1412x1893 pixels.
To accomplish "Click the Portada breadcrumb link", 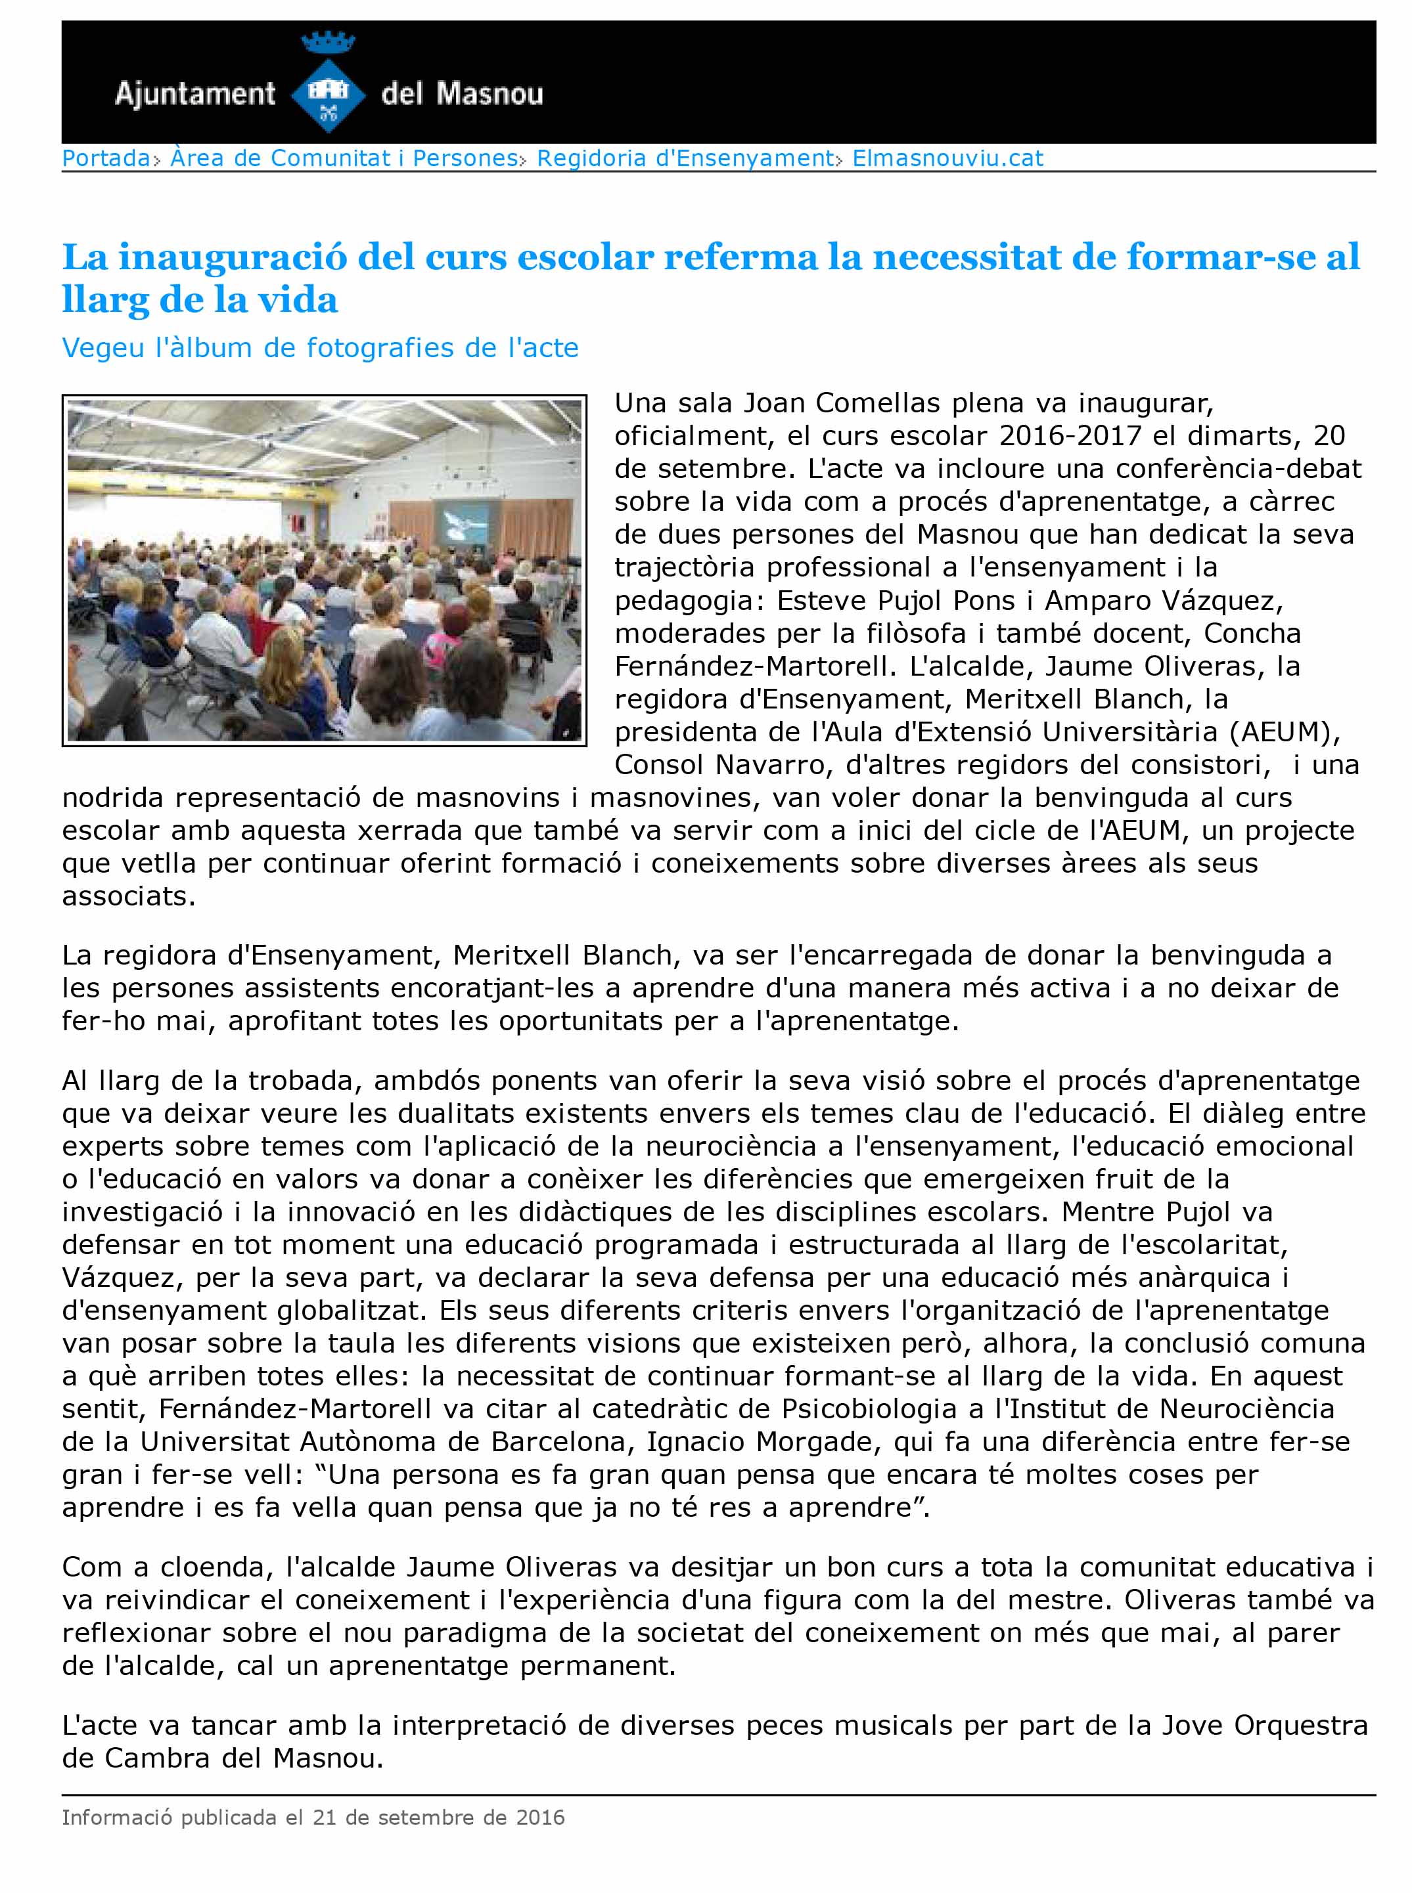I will (x=106, y=158).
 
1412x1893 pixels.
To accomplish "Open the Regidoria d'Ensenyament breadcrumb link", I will (x=684, y=158).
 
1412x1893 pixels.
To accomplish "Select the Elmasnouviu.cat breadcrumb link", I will (x=948, y=158).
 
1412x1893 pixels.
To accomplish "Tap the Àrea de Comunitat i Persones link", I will (x=344, y=158).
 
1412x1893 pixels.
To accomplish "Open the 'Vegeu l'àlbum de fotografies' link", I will (x=320, y=348).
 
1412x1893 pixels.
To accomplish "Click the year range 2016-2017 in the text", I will (x=1070, y=436).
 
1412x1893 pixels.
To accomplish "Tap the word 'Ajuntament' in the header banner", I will (x=195, y=93).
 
